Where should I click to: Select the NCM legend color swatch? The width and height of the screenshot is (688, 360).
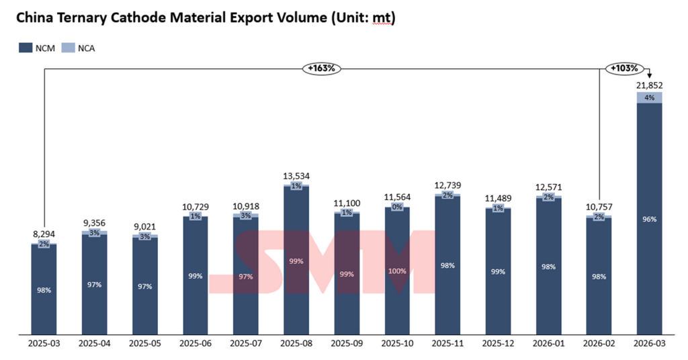pyautogui.click(x=26, y=48)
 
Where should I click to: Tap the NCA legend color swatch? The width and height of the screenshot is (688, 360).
pyautogui.click(x=68, y=48)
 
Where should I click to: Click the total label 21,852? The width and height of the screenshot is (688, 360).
pyautogui.click(x=649, y=85)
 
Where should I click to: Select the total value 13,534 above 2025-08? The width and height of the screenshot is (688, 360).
pyautogui.click(x=296, y=176)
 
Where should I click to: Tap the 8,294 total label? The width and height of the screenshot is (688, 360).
pyautogui.click(x=44, y=234)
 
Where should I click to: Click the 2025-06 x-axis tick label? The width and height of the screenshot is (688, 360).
pyautogui.click(x=196, y=343)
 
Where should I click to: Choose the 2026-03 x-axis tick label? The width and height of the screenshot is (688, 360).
pyautogui.click(x=649, y=343)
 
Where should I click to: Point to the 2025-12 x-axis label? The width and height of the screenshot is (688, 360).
pyautogui.click(x=498, y=343)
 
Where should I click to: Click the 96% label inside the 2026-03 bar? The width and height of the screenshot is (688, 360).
pyautogui.click(x=649, y=219)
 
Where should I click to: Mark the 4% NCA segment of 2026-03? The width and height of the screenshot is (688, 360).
pyautogui.click(x=649, y=97)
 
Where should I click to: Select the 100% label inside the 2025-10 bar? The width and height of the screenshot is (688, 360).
pyautogui.click(x=397, y=271)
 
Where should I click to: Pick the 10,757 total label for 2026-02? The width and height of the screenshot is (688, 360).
pyautogui.click(x=599, y=207)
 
